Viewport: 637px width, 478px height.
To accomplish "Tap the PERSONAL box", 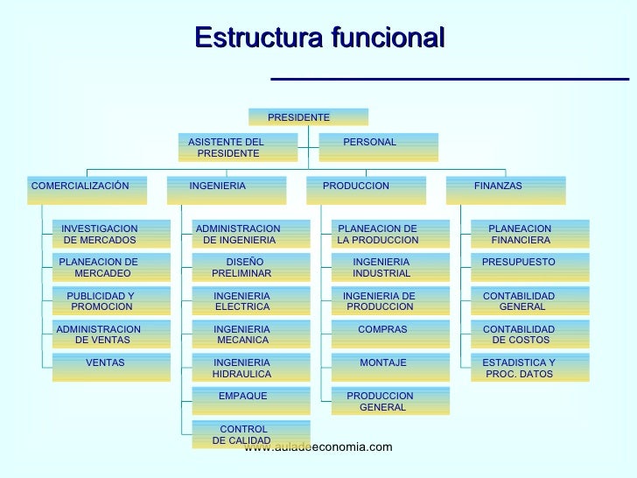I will coord(378,147).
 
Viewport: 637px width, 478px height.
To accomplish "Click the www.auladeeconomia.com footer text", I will coord(318,447).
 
